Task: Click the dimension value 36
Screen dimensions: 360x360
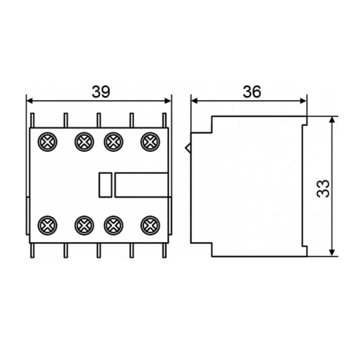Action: pos(251,91)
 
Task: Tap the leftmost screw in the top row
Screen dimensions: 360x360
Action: pos(46,142)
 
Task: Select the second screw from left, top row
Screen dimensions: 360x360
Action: pos(82,142)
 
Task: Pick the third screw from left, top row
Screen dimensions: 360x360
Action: pos(115,142)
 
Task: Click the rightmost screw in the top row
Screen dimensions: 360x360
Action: pos(150,142)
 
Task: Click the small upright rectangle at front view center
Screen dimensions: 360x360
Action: pos(105,184)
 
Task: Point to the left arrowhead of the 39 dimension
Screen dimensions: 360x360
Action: pos(32,100)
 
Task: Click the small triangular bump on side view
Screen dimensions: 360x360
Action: pos(189,149)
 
